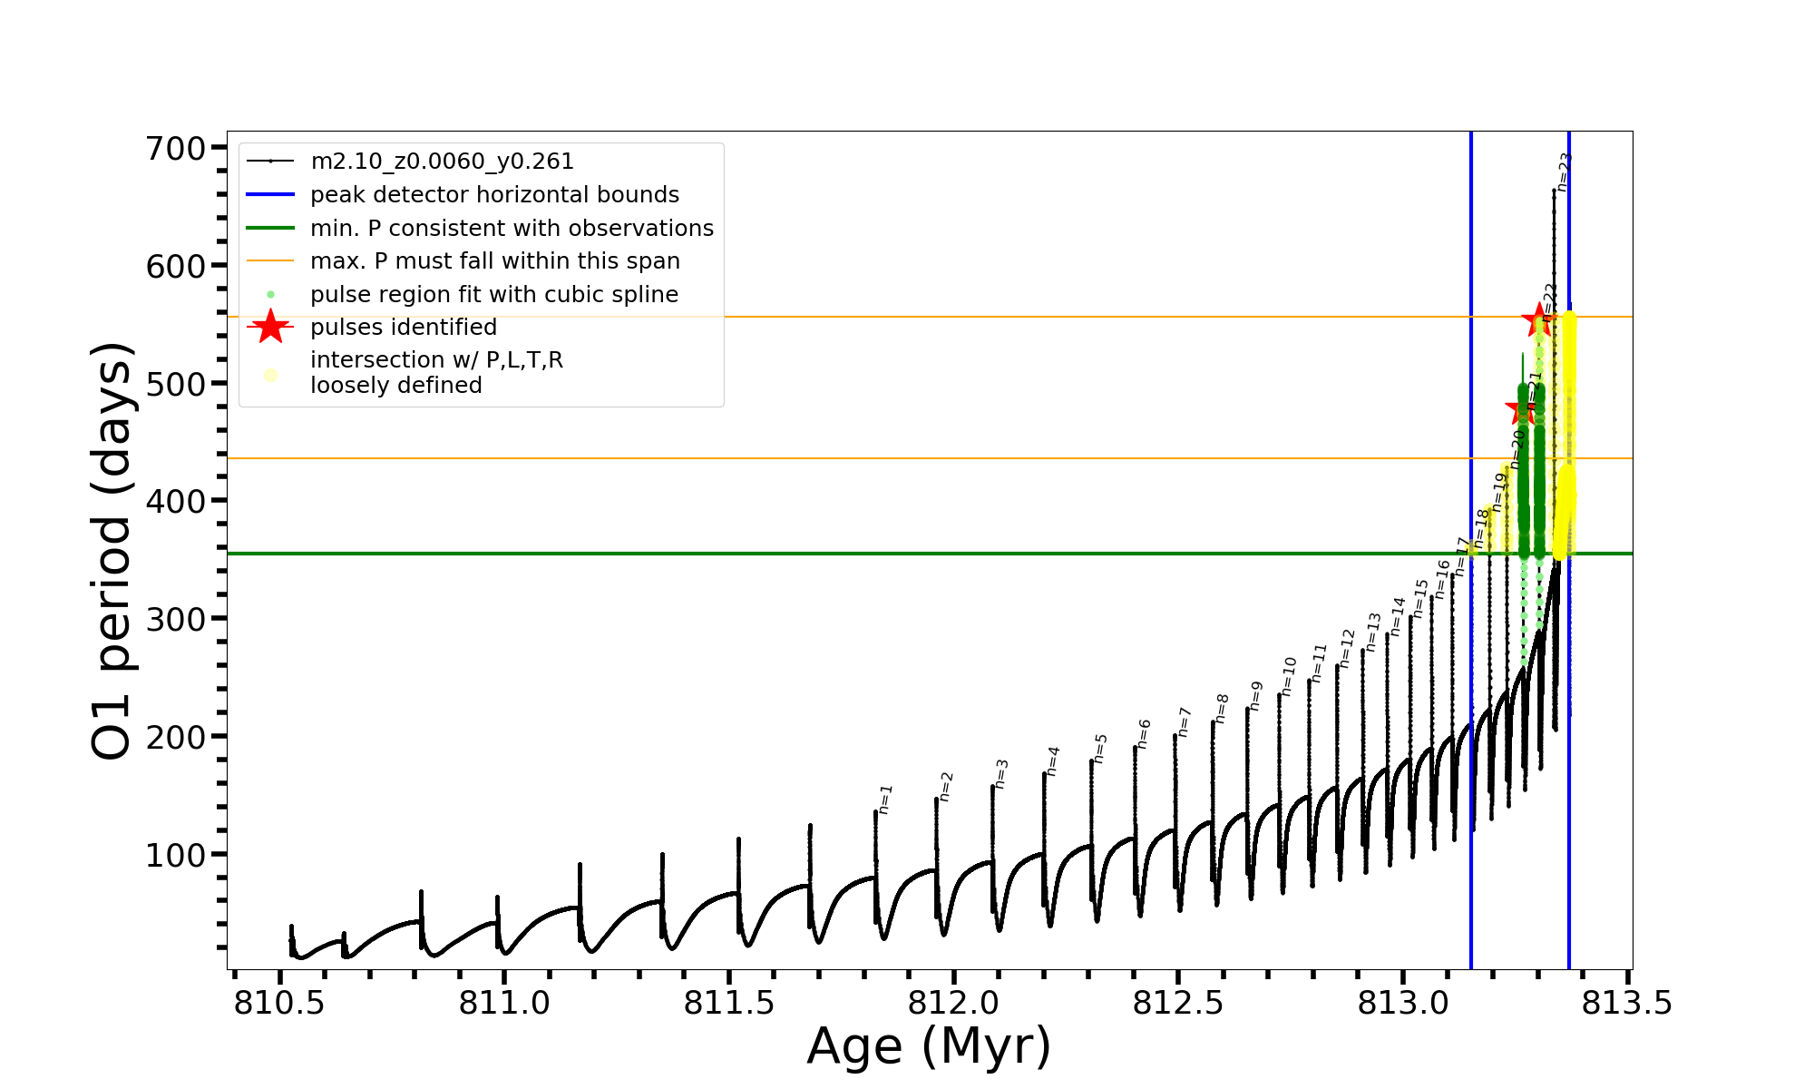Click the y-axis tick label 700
(x=176, y=149)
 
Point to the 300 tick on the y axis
(x=176, y=619)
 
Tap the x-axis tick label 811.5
(x=728, y=1003)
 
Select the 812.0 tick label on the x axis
(x=953, y=1003)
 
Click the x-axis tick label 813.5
(x=1627, y=1003)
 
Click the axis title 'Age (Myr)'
(x=929, y=1046)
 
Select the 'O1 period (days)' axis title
(x=112, y=551)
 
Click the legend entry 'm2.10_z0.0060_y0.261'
(x=442, y=162)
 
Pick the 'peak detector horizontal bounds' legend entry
(x=494, y=195)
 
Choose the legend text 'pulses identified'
(x=404, y=328)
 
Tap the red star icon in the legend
(x=270, y=328)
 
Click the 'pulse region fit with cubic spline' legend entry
(x=494, y=295)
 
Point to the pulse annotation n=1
(x=886, y=799)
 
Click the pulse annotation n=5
(x=1100, y=748)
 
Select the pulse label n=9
(x=1256, y=695)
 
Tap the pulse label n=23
(x=1564, y=172)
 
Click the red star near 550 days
(x=1537, y=319)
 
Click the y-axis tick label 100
(x=176, y=855)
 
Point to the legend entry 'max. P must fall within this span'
(x=494, y=261)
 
